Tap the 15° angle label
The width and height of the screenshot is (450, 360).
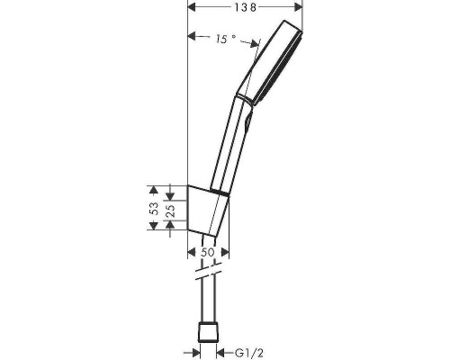coord(225,39)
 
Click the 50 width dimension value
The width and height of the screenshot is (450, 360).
coord(209,253)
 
